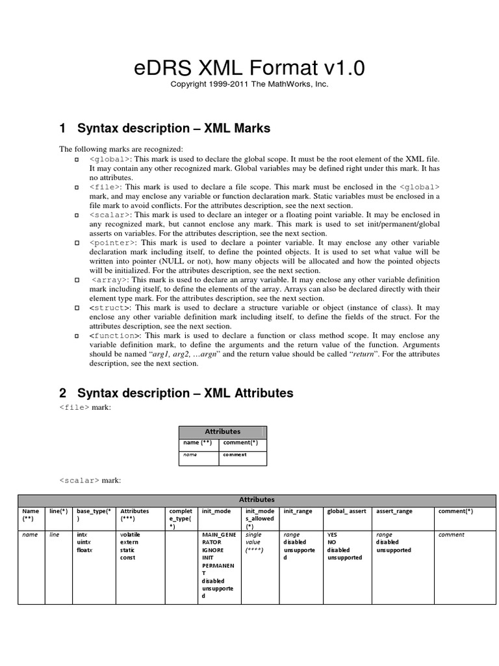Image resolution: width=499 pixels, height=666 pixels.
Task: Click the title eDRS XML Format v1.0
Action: coord(250,68)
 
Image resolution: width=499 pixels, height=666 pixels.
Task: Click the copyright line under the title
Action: coord(250,85)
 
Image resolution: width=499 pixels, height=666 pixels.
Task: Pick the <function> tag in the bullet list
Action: coord(114,336)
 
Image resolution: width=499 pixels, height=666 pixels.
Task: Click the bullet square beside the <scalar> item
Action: coord(76,214)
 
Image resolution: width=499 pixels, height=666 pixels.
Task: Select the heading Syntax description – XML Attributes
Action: coord(176,393)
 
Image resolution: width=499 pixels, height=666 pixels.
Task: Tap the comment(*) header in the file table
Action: coord(240,442)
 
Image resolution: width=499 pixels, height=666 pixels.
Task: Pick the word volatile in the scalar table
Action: coord(131,535)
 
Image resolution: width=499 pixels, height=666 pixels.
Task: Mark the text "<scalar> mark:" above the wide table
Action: coord(90,480)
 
